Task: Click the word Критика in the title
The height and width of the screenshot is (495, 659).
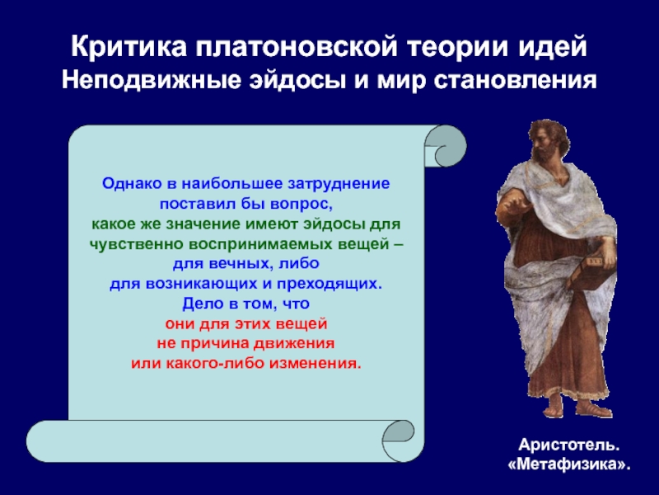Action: pyautogui.click(x=129, y=46)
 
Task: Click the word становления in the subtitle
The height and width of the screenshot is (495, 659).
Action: pyautogui.click(x=516, y=80)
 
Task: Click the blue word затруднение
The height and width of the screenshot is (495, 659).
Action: pyautogui.click(x=339, y=184)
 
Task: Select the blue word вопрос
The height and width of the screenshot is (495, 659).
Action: pyautogui.click(x=301, y=204)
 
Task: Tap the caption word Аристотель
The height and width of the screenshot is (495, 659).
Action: pyautogui.click(x=569, y=445)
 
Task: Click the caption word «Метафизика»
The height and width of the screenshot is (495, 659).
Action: pyautogui.click(x=569, y=464)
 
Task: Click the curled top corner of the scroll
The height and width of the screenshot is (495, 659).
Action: pyautogui.click(x=446, y=146)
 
